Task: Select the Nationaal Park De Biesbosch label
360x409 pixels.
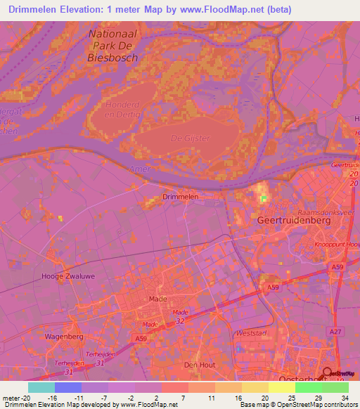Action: (112, 46)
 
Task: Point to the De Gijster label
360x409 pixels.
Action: (191, 138)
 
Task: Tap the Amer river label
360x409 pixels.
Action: (141, 169)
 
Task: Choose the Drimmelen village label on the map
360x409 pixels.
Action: (180, 197)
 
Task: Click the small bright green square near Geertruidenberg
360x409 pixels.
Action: (264, 200)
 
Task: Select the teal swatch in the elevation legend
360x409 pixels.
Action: (41, 387)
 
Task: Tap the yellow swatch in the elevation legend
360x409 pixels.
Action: (281, 387)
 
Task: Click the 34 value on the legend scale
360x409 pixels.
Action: (344, 397)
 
